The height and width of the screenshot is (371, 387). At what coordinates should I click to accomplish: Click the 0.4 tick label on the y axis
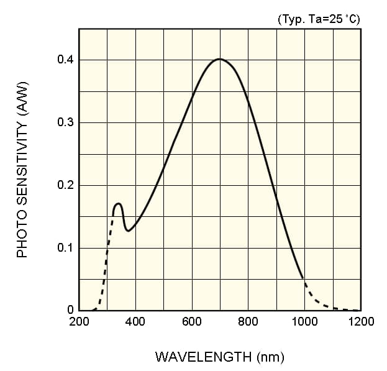(65, 60)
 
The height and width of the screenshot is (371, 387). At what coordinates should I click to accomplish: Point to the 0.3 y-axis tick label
(65, 122)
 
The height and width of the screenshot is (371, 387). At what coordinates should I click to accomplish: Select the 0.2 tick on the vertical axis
(65, 185)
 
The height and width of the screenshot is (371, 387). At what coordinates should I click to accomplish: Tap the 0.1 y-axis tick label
(65, 248)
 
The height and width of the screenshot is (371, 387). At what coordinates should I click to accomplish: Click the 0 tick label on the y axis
(70, 310)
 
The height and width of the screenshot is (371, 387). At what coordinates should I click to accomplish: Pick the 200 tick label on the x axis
(79, 322)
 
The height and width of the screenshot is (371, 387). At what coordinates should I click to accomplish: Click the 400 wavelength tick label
(135, 322)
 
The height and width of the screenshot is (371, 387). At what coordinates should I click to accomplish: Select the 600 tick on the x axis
(192, 322)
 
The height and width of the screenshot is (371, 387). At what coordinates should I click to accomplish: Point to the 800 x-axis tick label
(248, 322)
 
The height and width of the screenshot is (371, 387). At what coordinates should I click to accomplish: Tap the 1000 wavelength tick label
(304, 322)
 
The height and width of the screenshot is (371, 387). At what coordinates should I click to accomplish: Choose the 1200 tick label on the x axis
(361, 322)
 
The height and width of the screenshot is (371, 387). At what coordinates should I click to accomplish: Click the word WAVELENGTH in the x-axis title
(203, 357)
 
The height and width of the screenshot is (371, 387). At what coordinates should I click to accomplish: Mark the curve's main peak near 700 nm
(219, 59)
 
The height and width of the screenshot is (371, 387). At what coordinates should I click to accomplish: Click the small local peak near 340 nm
(118, 203)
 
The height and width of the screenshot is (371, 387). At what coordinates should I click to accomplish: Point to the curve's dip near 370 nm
(128, 231)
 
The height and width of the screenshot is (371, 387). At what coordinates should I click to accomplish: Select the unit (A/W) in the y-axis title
(22, 99)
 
